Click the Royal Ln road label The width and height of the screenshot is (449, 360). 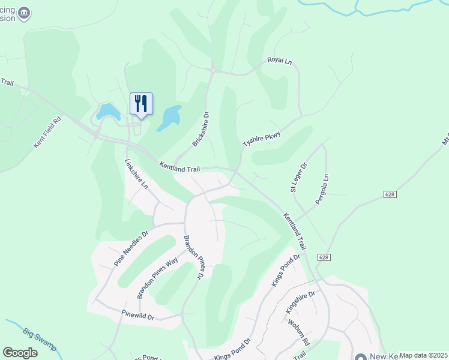279,61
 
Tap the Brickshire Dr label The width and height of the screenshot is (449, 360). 200,129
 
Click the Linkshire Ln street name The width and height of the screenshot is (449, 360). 136,174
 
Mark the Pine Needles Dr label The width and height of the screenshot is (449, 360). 131,248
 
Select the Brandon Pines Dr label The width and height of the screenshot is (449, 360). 194,257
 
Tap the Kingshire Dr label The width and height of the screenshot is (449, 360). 300,302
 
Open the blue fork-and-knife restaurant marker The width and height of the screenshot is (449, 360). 141,104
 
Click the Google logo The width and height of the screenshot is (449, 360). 20,353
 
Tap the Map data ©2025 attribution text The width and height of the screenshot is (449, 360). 423,355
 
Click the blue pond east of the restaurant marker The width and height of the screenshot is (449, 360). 170,117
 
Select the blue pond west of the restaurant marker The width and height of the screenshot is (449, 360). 107,110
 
